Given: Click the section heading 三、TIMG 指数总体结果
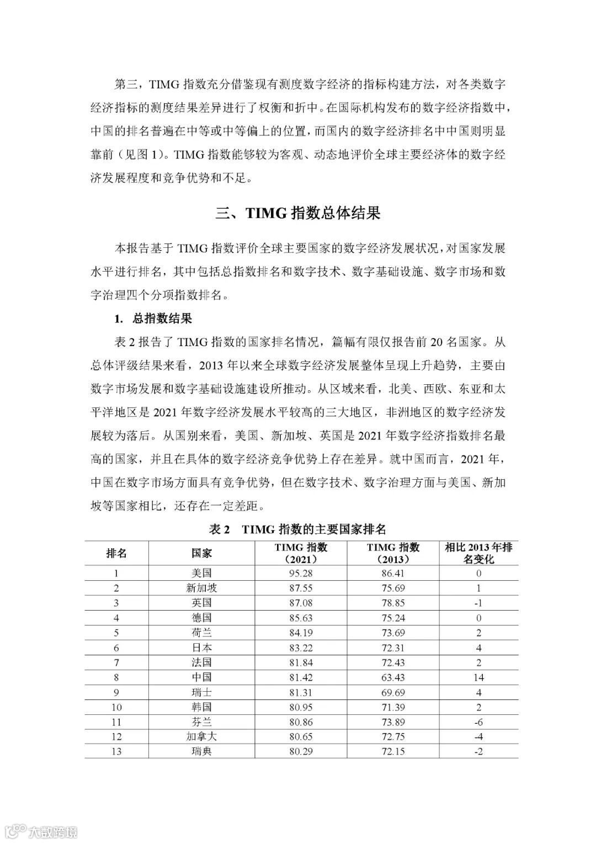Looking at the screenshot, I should point(298,213).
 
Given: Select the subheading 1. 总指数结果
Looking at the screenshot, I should point(153,319).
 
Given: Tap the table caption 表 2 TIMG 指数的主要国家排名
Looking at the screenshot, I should point(298,529).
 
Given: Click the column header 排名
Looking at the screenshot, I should point(116,553).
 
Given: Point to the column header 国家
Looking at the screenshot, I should point(201,553).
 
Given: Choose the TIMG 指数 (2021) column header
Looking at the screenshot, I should point(300,553).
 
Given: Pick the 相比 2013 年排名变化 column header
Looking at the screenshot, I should point(478,553).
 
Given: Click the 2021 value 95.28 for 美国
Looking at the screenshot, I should point(300,573).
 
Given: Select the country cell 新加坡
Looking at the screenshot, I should point(201,588).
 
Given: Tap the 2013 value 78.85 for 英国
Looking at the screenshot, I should point(393,603).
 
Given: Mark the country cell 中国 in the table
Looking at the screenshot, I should point(201,677).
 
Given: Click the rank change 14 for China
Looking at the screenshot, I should point(478,677).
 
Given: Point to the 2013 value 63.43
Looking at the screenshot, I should point(393,677).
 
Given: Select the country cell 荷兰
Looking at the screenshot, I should point(201,633).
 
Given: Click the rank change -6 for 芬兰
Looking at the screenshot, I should point(478,722).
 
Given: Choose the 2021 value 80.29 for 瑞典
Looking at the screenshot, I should point(300,751).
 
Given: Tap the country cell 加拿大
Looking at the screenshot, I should point(201,736).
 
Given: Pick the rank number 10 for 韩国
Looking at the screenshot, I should point(116,707).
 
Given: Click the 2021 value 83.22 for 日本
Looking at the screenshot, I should point(300,648).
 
